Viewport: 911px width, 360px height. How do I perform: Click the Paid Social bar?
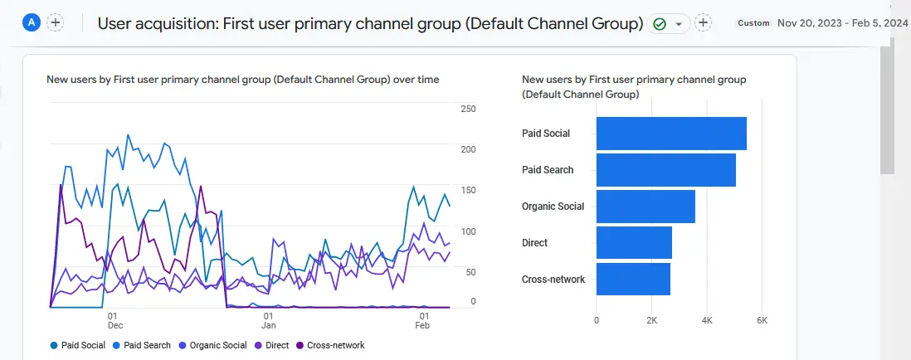click(671, 134)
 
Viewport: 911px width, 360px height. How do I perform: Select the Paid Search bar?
click(665, 170)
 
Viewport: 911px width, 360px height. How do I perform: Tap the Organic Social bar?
click(645, 207)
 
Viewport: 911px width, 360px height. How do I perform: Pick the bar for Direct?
click(634, 243)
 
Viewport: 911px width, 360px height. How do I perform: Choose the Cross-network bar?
click(633, 280)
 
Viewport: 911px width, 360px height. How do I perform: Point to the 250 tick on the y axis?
click(468, 109)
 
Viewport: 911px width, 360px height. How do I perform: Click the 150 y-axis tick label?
click(468, 191)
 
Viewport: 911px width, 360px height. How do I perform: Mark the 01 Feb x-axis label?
click(424, 322)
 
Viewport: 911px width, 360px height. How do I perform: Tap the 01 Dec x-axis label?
click(111, 322)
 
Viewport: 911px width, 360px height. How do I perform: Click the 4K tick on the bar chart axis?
click(707, 320)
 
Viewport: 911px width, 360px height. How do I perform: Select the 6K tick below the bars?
click(762, 320)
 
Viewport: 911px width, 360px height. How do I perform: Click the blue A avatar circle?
click(32, 23)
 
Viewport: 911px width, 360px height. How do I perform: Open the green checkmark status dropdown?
click(669, 24)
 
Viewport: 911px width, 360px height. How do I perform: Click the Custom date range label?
click(754, 23)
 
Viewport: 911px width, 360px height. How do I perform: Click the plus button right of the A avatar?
click(55, 23)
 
